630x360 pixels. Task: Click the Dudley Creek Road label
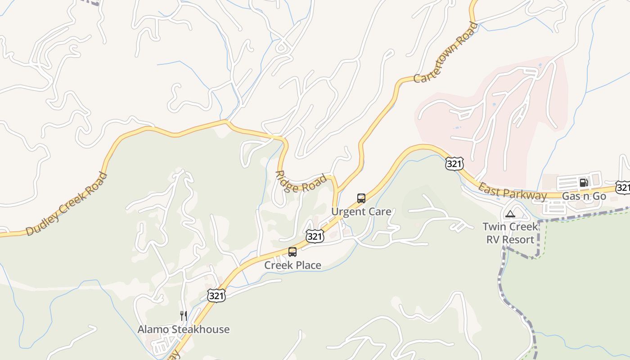pyautogui.click(x=67, y=204)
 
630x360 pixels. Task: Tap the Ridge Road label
pyautogui.click(x=301, y=181)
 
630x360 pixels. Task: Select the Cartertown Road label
pyautogui.click(x=445, y=53)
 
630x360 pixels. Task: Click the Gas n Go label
pyautogui.click(x=584, y=196)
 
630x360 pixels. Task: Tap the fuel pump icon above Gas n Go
pyautogui.click(x=584, y=182)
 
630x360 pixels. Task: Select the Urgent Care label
pyautogui.click(x=361, y=211)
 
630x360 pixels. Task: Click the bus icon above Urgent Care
pyautogui.click(x=361, y=198)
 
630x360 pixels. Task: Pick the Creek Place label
pyautogui.click(x=292, y=265)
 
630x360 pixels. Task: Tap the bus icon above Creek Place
pyautogui.click(x=292, y=252)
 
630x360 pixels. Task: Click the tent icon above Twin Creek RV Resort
pyautogui.click(x=510, y=214)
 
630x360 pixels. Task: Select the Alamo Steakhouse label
pyautogui.click(x=183, y=329)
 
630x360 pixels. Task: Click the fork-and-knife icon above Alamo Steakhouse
pyautogui.click(x=183, y=315)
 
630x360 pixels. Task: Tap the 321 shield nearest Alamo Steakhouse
pyautogui.click(x=216, y=295)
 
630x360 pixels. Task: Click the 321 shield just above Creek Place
pyautogui.click(x=315, y=236)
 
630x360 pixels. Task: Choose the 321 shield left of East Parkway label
pyautogui.click(x=454, y=164)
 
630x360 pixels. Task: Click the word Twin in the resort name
pyautogui.click(x=494, y=226)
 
